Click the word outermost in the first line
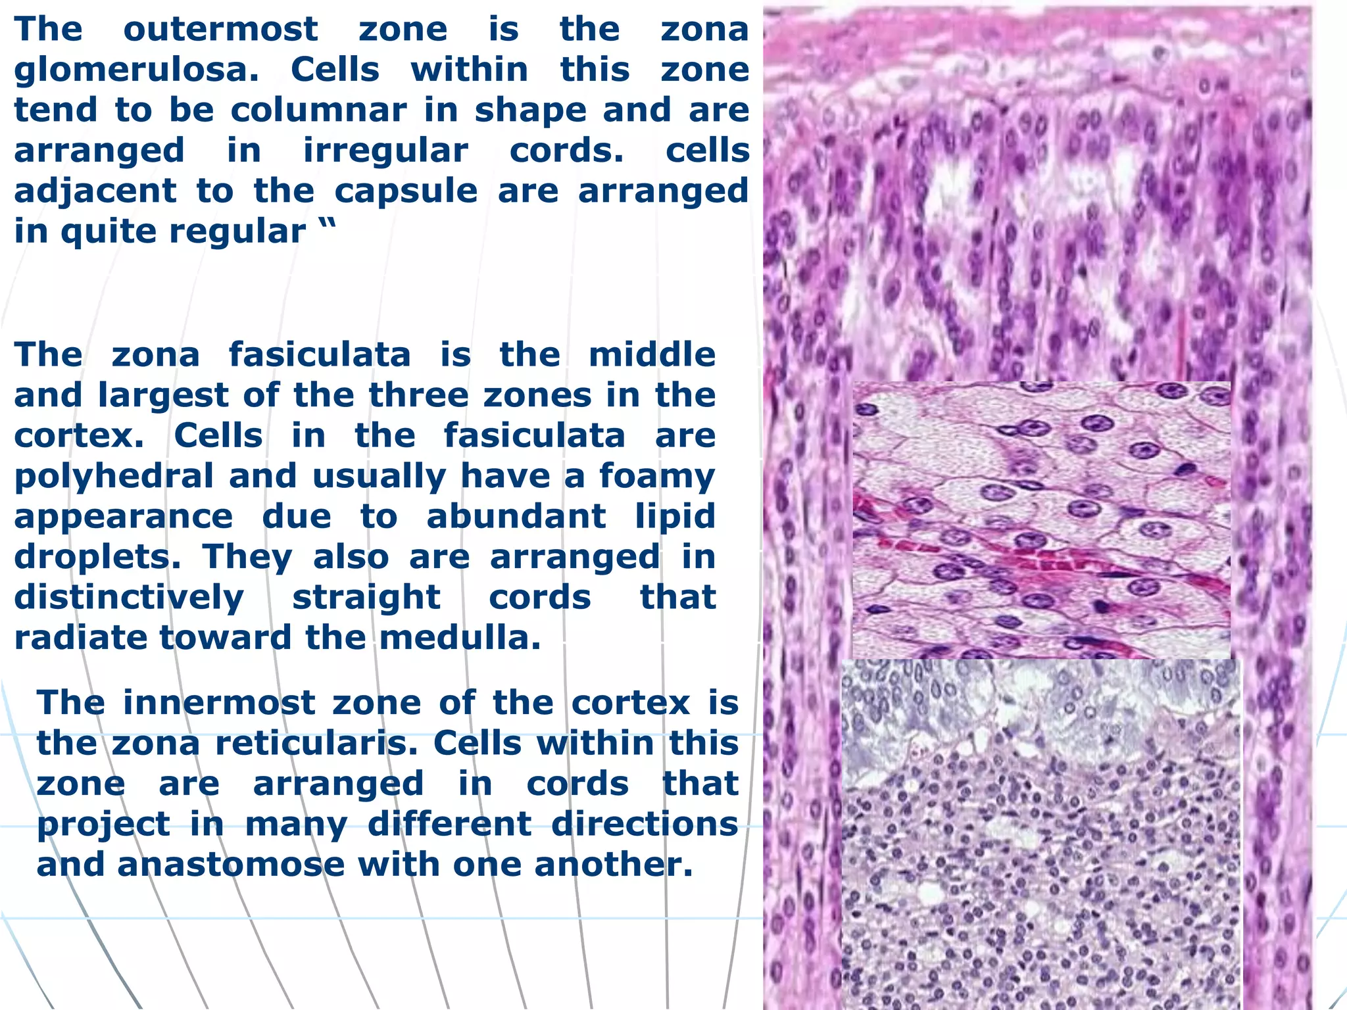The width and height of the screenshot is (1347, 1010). coord(220,30)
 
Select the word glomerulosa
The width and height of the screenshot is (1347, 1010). coord(136,70)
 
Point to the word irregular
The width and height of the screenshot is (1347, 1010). coord(385,151)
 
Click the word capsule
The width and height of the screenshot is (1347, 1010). coord(406,191)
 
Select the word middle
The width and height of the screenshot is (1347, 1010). coord(652,355)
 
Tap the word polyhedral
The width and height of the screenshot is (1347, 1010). coord(114,476)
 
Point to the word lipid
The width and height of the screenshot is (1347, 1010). coord(675,517)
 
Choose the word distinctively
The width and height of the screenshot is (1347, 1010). coord(129,598)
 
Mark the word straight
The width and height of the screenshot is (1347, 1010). coord(366,598)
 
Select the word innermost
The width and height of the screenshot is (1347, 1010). coord(219,703)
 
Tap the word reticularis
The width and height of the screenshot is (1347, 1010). coord(317,744)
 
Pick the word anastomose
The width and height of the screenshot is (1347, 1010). coord(231,865)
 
